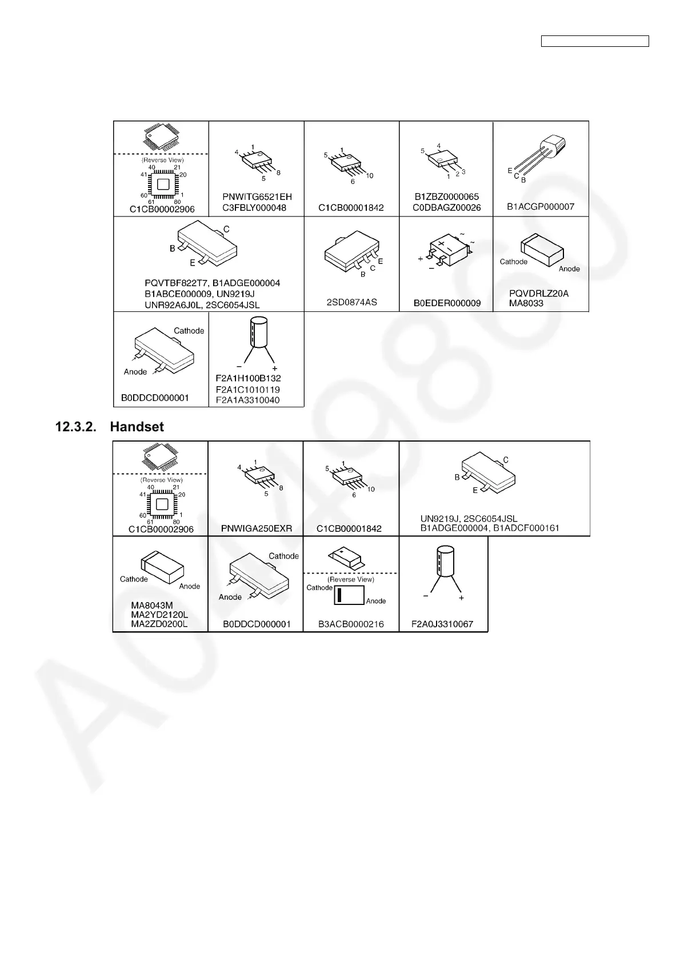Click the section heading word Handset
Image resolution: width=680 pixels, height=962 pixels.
coord(137,427)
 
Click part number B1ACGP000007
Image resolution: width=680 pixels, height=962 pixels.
coord(541,207)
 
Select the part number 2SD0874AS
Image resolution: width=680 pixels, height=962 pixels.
coord(351,302)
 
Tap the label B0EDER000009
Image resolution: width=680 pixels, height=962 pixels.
coord(447,303)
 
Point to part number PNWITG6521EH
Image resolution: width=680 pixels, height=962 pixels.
coord(257,197)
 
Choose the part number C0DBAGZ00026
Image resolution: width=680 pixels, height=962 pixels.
coord(447,208)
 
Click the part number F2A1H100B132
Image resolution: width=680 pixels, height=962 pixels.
coord(248,378)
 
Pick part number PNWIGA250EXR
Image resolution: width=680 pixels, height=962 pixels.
coord(257,528)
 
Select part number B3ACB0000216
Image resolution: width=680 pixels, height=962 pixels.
coord(351,624)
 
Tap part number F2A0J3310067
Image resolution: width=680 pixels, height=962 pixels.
coord(442,624)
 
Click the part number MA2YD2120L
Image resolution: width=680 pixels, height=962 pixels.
coord(159,615)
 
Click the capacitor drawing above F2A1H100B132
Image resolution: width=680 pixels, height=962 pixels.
coord(256,340)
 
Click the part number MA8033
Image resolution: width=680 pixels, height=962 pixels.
coord(526,303)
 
